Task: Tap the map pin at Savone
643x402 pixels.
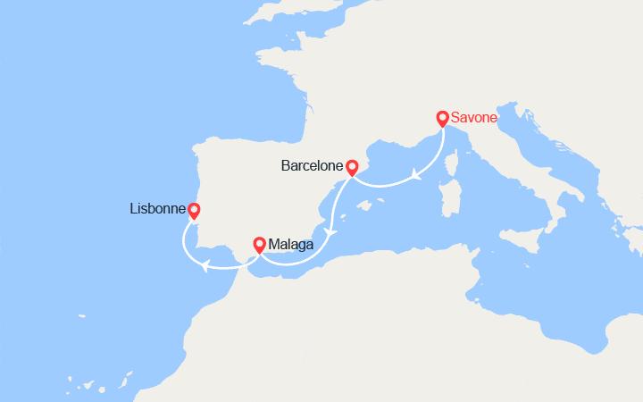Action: (442, 118)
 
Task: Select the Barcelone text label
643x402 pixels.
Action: (312, 166)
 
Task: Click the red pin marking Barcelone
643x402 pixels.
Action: (352, 167)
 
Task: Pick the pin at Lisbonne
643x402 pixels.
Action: (193, 211)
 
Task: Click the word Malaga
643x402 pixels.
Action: (290, 243)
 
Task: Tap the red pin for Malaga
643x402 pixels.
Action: (260, 243)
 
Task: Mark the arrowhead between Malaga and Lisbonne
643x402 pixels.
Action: (205, 264)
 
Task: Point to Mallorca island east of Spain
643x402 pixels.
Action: (363, 206)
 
